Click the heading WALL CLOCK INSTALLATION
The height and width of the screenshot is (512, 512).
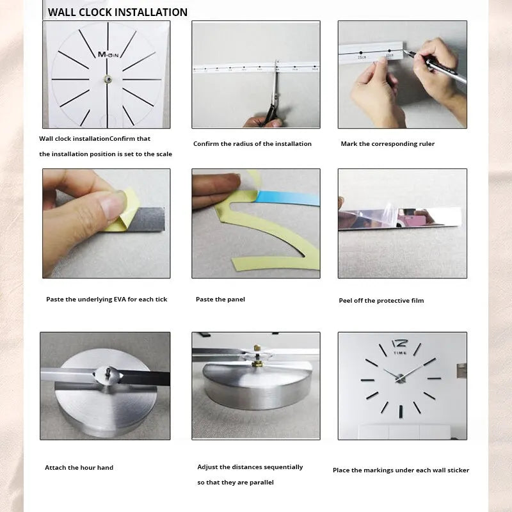click(118, 12)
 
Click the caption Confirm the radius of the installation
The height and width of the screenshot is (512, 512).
click(252, 144)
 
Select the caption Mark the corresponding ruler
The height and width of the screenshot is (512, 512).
click(387, 144)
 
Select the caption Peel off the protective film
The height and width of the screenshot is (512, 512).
click(381, 301)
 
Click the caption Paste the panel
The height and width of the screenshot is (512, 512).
click(220, 300)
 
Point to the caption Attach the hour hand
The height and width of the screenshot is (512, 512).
click(79, 468)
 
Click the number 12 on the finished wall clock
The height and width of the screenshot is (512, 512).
click(399, 343)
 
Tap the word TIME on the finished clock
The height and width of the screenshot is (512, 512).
click(400, 353)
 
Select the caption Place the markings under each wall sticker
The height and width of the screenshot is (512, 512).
click(401, 470)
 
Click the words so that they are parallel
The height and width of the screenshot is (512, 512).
click(236, 483)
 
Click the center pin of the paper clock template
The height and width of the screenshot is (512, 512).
click(107, 79)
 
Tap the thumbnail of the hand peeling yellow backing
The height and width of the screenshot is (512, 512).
click(106, 223)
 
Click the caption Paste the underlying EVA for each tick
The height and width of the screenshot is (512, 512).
click(106, 300)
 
